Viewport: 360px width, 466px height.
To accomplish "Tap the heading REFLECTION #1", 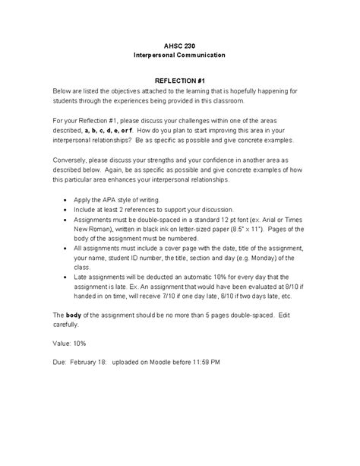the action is tap(179, 79).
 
